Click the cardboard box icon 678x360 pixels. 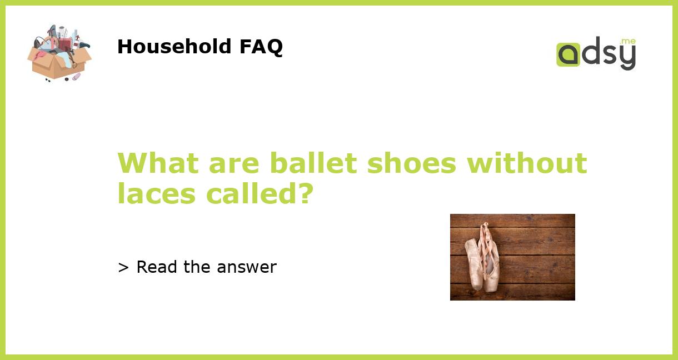pyautogui.click(x=59, y=53)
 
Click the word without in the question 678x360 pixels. pyautogui.click(x=527, y=163)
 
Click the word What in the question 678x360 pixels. pyautogui.click(x=158, y=163)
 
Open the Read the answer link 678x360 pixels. pyautogui.click(x=197, y=267)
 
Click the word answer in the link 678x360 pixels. pyautogui.click(x=247, y=267)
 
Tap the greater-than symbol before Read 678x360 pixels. pyautogui.click(x=123, y=267)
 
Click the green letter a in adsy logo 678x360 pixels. pyautogui.click(x=568, y=54)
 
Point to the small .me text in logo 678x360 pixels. pyautogui.click(x=628, y=42)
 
